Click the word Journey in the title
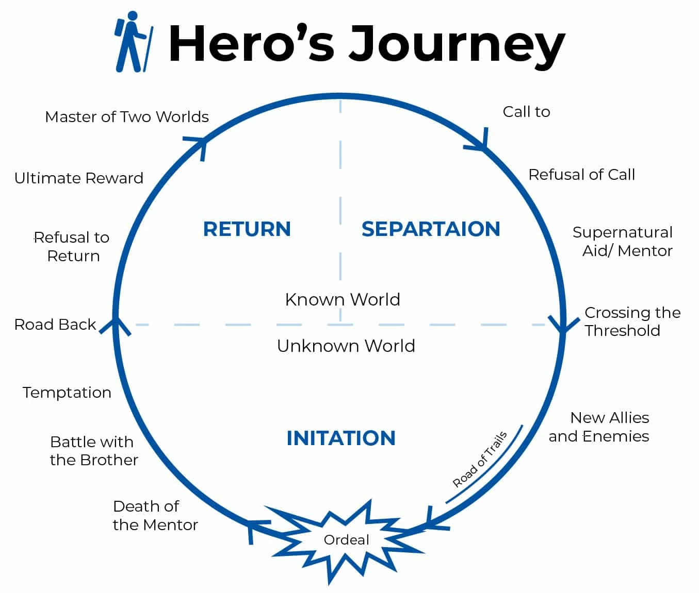tap(456, 44)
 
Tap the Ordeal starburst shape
tap(346, 540)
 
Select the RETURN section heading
tap(247, 229)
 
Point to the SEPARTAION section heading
tap(431, 229)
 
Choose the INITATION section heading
tap(341, 438)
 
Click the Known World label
tap(343, 299)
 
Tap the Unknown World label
tap(346, 346)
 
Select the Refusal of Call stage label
tap(581, 175)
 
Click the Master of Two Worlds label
tap(127, 117)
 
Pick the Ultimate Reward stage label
tap(79, 178)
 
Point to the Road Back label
tap(55, 325)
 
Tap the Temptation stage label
tap(67, 393)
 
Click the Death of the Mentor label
tap(155, 516)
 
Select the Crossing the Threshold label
tap(632, 321)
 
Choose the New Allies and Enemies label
tap(599, 427)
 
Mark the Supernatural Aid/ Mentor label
tap(623, 242)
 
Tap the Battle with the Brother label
tap(94, 451)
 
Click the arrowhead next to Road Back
tap(115, 326)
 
